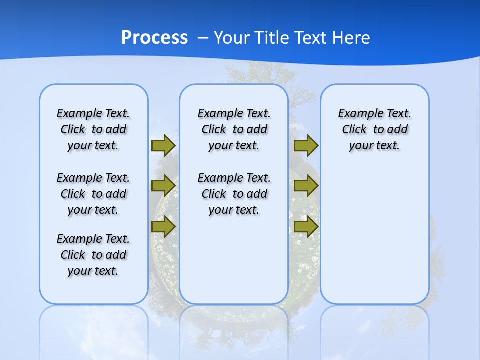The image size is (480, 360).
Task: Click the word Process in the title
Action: click(x=154, y=37)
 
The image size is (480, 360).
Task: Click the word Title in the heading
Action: click(x=272, y=38)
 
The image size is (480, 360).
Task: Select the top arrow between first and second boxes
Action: click(x=163, y=146)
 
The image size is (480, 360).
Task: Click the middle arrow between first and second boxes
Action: click(x=163, y=186)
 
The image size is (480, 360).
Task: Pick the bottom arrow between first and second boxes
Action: click(x=163, y=227)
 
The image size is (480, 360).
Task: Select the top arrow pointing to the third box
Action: click(x=306, y=146)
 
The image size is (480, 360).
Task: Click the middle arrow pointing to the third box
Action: click(x=306, y=186)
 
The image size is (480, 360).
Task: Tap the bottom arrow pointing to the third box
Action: click(x=306, y=227)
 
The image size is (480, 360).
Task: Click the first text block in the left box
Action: click(x=93, y=129)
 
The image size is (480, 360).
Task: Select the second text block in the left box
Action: click(x=93, y=194)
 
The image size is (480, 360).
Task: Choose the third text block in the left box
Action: click(x=93, y=255)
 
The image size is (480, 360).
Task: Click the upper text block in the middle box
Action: click(x=234, y=129)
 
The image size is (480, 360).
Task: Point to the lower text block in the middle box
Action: click(x=234, y=194)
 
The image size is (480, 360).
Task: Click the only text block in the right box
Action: click(x=374, y=129)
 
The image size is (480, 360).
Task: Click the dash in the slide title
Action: click(x=202, y=38)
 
